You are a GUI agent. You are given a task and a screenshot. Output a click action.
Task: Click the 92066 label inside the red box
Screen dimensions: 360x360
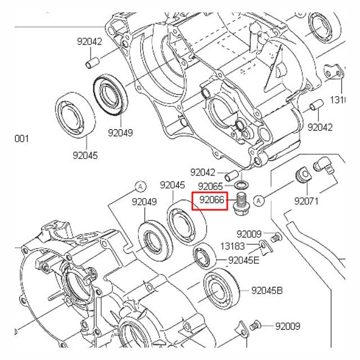pyautogui.click(x=209, y=199)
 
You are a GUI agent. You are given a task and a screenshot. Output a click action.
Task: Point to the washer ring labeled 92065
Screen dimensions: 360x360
pyautogui.click(x=241, y=185)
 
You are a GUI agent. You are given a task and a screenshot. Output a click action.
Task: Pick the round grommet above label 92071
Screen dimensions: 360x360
pyautogui.click(x=302, y=175)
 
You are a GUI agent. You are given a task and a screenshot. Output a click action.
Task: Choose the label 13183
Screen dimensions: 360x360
pyautogui.click(x=233, y=246)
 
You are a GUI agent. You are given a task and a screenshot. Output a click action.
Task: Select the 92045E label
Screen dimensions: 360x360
pyautogui.click(x=244, y=260)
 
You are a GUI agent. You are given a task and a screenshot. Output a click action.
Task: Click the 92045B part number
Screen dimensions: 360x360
pyautogui.click(x=267, y=290)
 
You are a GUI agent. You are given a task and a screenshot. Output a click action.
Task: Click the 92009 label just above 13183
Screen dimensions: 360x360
pyautogui.click(x=249, y=234)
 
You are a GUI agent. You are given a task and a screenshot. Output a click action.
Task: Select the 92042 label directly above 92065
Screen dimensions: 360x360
pyautogui.click(x=202, y=173)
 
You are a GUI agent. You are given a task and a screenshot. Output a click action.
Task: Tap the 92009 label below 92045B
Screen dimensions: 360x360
pyautogui.click(x=287, y=326)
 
